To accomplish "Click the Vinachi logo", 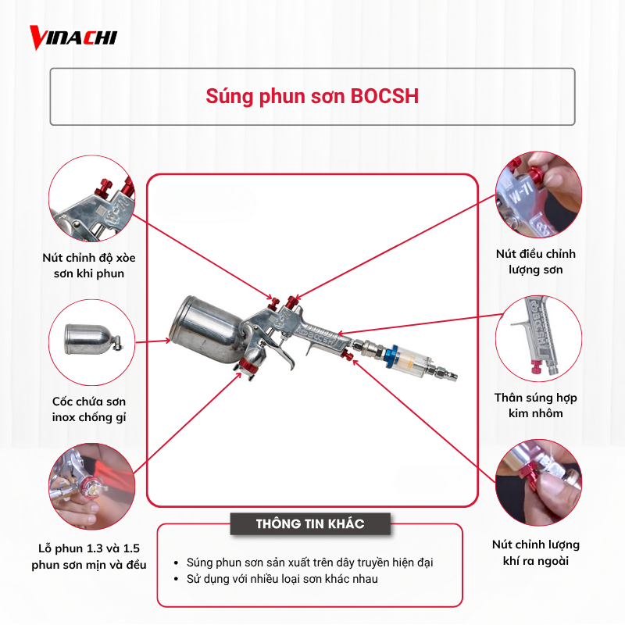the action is tap(73, 37).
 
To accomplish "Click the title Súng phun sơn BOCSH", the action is tap(312, 96).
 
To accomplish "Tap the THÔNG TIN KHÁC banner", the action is tap(310, 523).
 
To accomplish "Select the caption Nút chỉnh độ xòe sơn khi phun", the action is tap(89, 266).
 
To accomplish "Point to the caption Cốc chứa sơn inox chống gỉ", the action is tap(89, 409).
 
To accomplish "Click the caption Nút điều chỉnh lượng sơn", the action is tap(536, 262).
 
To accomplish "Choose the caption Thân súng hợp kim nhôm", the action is tap(536, 405).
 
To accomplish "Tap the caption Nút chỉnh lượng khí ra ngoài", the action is tap(536, 552).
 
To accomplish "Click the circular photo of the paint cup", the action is tap(91, 342).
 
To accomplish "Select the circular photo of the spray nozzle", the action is tap(91, 486).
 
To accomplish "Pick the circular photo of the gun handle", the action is tap(538, 338).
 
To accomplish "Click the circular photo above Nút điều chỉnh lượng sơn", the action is tap(538, 195).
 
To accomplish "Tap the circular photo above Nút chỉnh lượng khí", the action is tap(538, 482).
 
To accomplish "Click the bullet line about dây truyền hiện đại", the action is tap(309, 562).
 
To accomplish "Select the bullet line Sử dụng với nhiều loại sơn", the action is tap(282, 579).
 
